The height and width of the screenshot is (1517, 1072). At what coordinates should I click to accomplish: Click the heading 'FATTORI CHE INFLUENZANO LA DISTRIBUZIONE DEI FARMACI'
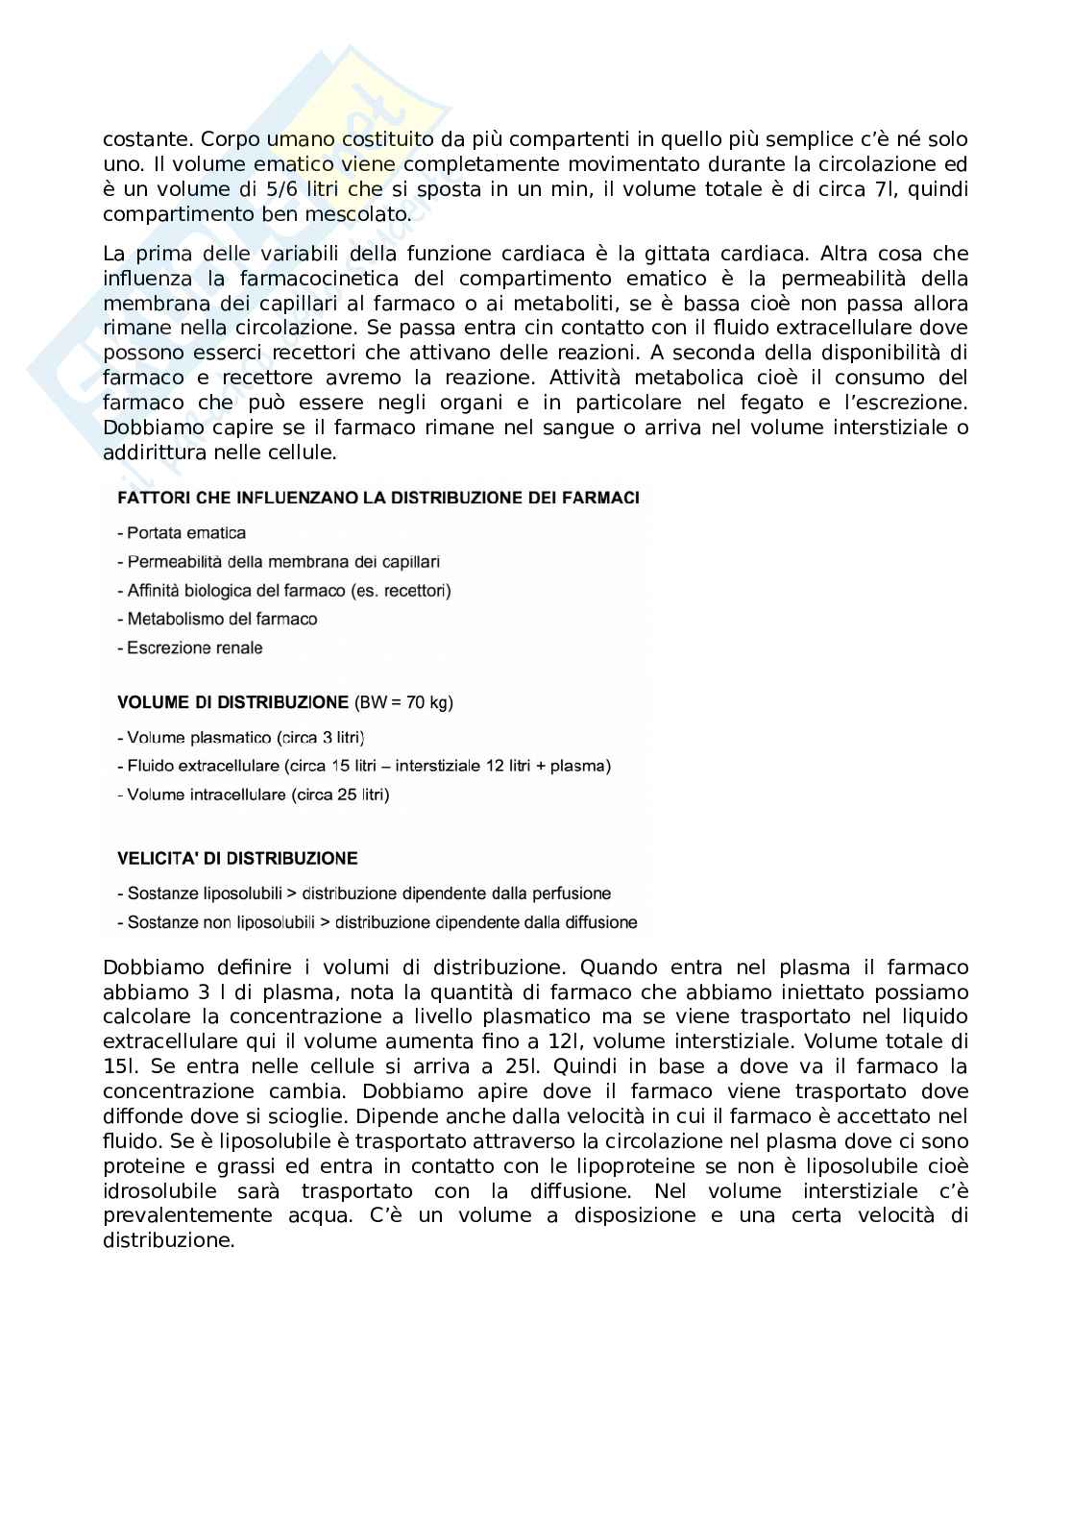pyautogui.click(x=378, y=498)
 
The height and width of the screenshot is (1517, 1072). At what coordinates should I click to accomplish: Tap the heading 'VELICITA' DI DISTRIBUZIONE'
pyautogui.click(x=237, y=858)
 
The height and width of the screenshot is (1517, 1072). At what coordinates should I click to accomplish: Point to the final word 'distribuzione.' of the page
pyautogui.click(x=169, y=1240)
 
